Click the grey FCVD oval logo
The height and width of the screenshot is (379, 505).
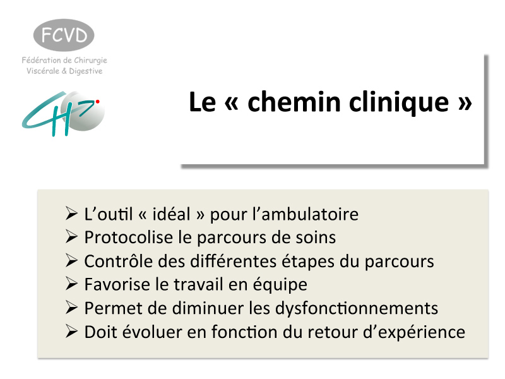click(64, 35)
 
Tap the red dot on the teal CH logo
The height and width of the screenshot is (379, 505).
click(97, 102)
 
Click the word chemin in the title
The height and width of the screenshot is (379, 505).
click(294, 102)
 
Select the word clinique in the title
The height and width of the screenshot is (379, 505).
click(399, 103)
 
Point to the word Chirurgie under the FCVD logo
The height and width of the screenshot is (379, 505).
click(90, 61)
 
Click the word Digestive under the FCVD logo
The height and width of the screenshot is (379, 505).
click(86, 71)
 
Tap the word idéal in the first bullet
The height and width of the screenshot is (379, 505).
click(171, 214)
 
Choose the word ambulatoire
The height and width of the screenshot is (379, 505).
click(309, 214)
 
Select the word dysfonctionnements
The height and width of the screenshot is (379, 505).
click(357, 308)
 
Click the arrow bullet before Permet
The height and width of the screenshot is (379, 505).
click(71, 308)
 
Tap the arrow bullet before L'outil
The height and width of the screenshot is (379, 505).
click(71, 214)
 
